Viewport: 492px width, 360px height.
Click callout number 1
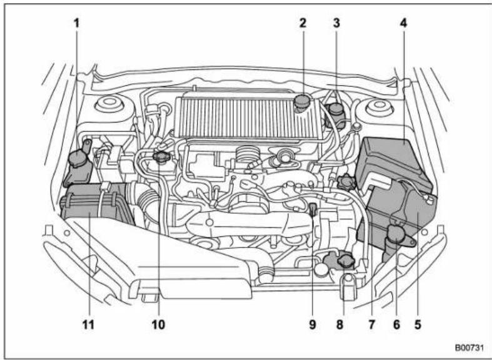[x=78, y=23]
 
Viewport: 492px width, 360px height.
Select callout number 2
[x=303, y=23]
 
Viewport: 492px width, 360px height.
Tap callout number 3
[x=336, y=23]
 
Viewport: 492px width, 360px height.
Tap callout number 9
[x=312, y=324]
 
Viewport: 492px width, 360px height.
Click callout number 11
[x=88, y=324]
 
